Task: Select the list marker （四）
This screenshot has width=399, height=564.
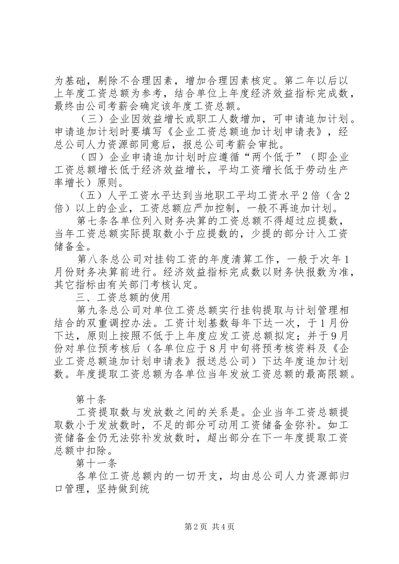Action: click(x=92, y=158)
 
